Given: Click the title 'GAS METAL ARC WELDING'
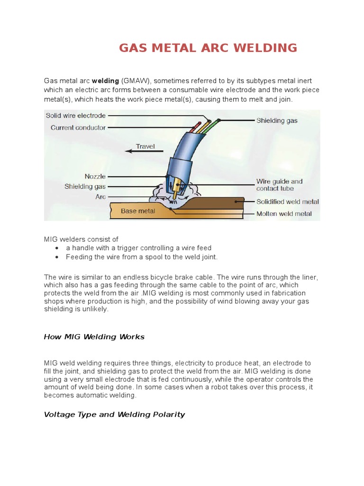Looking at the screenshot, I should tap(208, 48).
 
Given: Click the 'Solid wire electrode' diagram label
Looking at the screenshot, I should tap(75, 116).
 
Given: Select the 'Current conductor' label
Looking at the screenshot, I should tap(78, 128).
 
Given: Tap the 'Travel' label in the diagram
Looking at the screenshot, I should tap(145, 146).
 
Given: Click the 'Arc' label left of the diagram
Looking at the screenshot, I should tap(100, 196).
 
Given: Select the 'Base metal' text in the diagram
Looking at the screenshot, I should tap(138, 211).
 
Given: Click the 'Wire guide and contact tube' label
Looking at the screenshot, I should tap(279, 185).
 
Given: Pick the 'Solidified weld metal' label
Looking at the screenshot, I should tap(288, 202).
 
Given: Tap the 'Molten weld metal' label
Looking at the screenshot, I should tap(284, 214).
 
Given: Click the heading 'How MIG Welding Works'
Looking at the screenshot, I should tap(94, 337).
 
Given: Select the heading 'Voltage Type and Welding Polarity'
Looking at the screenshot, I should tap(114, 414).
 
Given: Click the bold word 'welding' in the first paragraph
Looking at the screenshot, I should tap(105, 81).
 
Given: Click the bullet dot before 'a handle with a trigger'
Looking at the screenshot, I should tap(57, 248).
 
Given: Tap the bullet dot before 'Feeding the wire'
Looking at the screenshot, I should tap(57, 257).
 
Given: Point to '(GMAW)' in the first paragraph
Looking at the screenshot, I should tap(135, 81).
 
